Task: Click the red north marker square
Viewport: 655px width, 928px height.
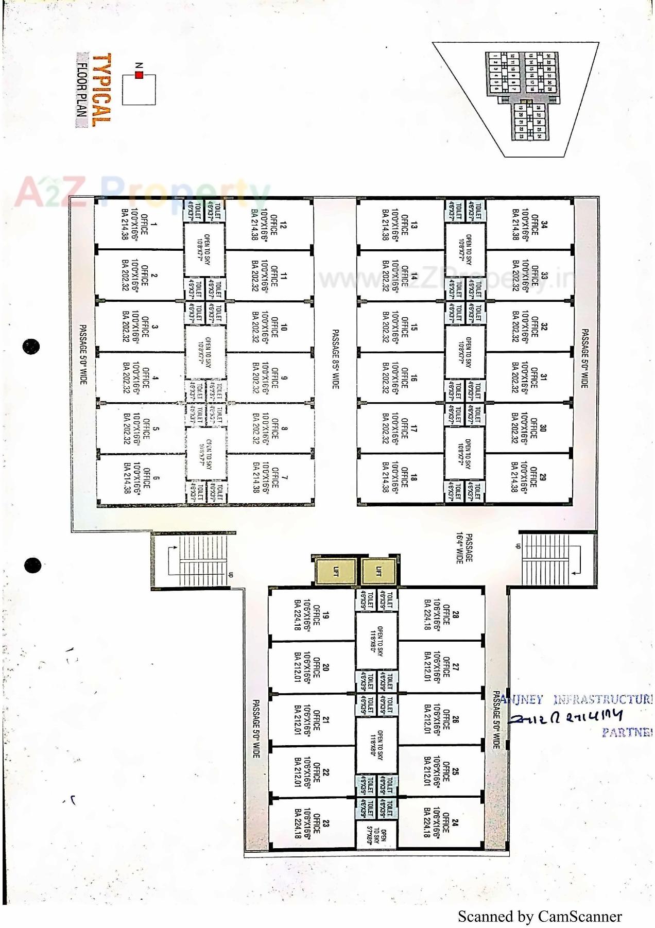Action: (x=139, y=75)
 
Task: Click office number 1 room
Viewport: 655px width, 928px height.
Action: (x=139, y=225)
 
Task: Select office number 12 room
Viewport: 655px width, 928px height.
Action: (x=269, y=225)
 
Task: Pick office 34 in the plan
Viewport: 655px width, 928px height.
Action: (x=530, y=225)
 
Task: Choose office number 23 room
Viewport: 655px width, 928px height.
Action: (x=312, y=823)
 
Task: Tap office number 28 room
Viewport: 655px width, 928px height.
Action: (x=441, y=614)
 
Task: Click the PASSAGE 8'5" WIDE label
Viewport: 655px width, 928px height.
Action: (x=335, y=359)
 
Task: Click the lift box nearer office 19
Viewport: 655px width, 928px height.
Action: (x=336, y=571)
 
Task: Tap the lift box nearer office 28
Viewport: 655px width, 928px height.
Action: (x=378, y=571)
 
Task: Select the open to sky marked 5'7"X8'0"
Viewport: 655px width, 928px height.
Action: (x=376, y=834)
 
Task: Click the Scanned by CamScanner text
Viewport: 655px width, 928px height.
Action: (x=539, y=916)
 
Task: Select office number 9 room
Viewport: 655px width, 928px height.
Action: (x=269, y=377)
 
